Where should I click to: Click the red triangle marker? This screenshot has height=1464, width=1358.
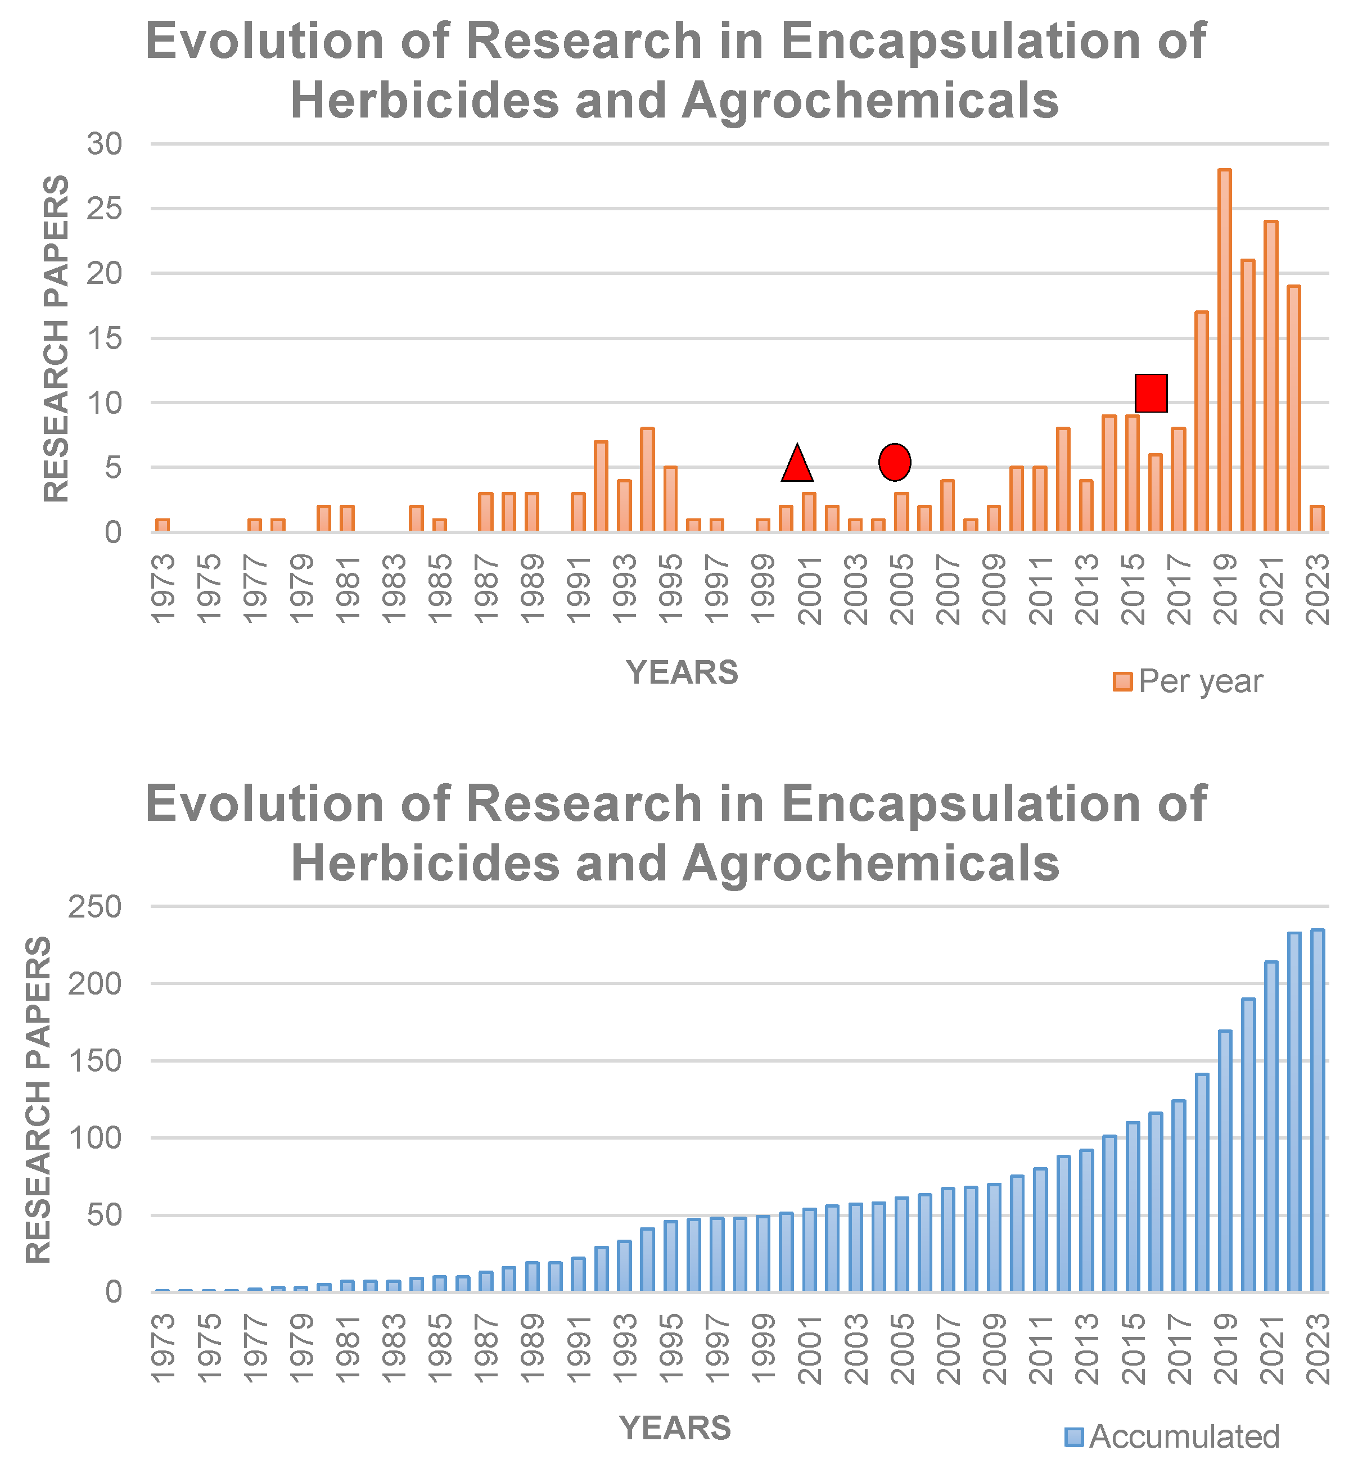[x=797, y=465]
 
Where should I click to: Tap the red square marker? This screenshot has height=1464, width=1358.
[x=1151, y=392]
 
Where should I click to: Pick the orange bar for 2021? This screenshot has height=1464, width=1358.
[x=1270, y=376]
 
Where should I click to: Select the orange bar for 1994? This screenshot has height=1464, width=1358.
[x=647, y=480]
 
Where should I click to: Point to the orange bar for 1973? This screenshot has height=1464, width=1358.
[x=163, y=525]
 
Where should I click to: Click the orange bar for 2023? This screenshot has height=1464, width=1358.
[x=1317, y=518]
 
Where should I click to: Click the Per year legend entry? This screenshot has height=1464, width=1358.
[x=1188, y=681]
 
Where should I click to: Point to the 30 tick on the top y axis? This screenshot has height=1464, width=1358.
[x=105, y=144]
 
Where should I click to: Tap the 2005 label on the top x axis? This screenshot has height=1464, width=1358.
[x=903, y=590]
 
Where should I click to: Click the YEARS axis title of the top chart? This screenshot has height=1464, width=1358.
[x=682, y=672]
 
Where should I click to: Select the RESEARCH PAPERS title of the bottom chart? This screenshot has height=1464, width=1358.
[x=39, y=1100]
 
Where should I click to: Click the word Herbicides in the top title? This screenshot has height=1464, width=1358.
[x=426, y=101]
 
